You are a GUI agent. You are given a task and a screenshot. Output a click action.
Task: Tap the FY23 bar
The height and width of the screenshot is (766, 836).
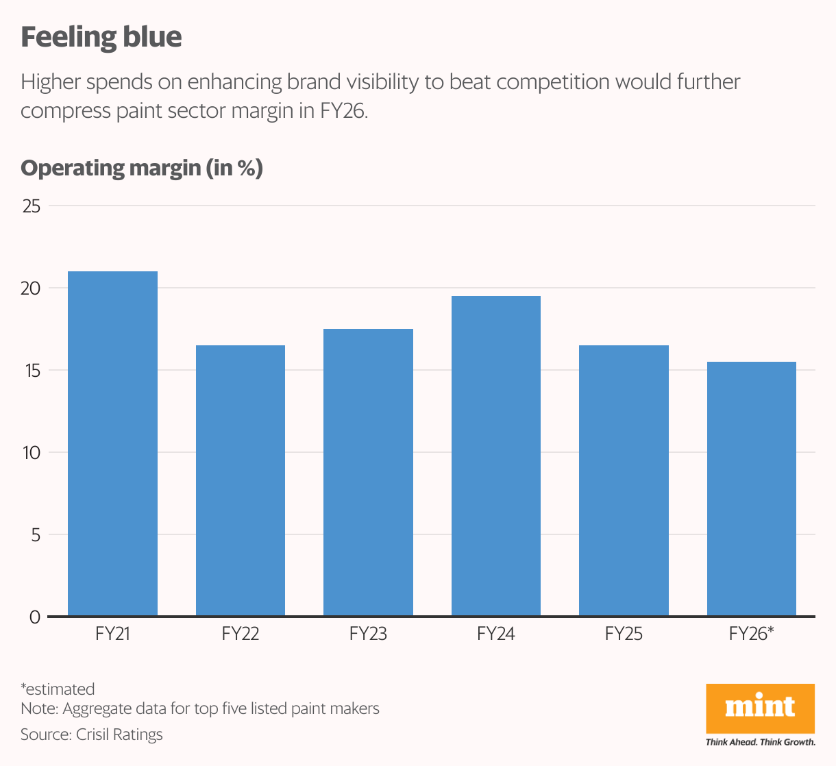tap(368, 473)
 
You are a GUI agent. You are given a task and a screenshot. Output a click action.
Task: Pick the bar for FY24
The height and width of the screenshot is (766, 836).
tap(496, 456)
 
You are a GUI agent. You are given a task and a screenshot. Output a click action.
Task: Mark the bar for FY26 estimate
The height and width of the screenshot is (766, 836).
tap(751, 489)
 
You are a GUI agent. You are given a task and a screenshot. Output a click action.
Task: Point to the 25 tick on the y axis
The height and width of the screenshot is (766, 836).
tap(32, 206)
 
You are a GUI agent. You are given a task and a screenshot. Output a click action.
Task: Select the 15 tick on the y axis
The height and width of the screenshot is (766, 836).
tap(32, 371)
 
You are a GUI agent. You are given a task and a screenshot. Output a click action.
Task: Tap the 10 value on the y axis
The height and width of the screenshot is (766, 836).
tap(32, 453)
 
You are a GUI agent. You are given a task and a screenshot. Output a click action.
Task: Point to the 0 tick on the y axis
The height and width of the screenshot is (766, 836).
tap(35, 617)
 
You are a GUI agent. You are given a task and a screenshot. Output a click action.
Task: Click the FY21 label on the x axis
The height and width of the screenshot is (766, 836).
tap(112, 634)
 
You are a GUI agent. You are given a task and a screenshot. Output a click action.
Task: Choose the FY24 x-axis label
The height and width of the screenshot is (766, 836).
tap(496, 634)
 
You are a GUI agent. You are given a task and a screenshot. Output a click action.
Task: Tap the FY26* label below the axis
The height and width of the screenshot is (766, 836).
tap(751, 634)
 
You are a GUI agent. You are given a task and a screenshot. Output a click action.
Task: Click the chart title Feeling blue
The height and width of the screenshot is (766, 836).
tap(101, 37)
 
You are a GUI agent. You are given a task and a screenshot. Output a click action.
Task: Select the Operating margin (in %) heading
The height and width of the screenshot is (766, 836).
tap(142, 168)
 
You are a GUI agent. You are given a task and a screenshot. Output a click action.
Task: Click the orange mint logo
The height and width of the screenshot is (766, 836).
tap(760, 708)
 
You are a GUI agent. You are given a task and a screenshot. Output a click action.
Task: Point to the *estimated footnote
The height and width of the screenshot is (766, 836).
tap(58, 689)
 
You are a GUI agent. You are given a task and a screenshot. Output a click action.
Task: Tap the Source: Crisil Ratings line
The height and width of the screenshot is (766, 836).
tap(92, 734)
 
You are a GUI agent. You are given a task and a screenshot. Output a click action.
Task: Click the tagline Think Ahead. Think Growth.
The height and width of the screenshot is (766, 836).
tap(760, 742)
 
